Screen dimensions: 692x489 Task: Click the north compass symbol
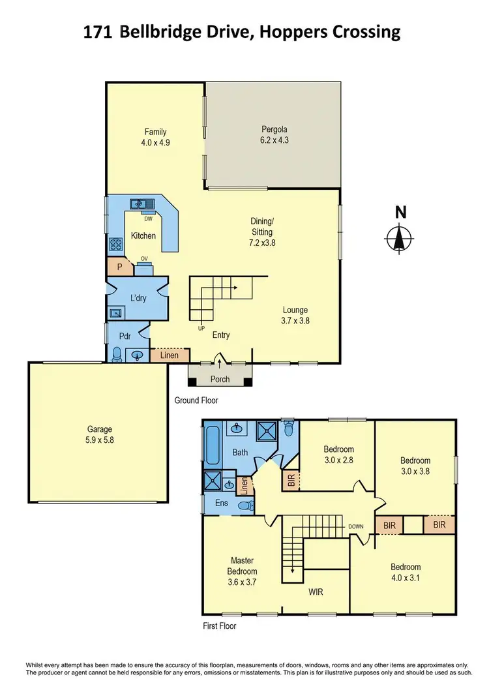400,237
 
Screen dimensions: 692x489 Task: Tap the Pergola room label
274,129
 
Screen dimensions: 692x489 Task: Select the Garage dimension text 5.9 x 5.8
100,440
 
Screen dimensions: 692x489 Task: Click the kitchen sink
140,204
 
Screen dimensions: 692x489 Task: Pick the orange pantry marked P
119,266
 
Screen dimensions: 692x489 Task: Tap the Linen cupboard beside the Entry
170,355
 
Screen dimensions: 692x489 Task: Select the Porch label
220,380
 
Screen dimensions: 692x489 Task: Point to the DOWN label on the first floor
356,526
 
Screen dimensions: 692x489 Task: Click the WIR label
316,592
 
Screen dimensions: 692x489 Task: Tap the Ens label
221,504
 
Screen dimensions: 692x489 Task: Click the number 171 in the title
97,32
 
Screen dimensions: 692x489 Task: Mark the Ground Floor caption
196,400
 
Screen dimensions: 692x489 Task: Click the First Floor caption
219,626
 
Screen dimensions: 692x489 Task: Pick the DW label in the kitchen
148,220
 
